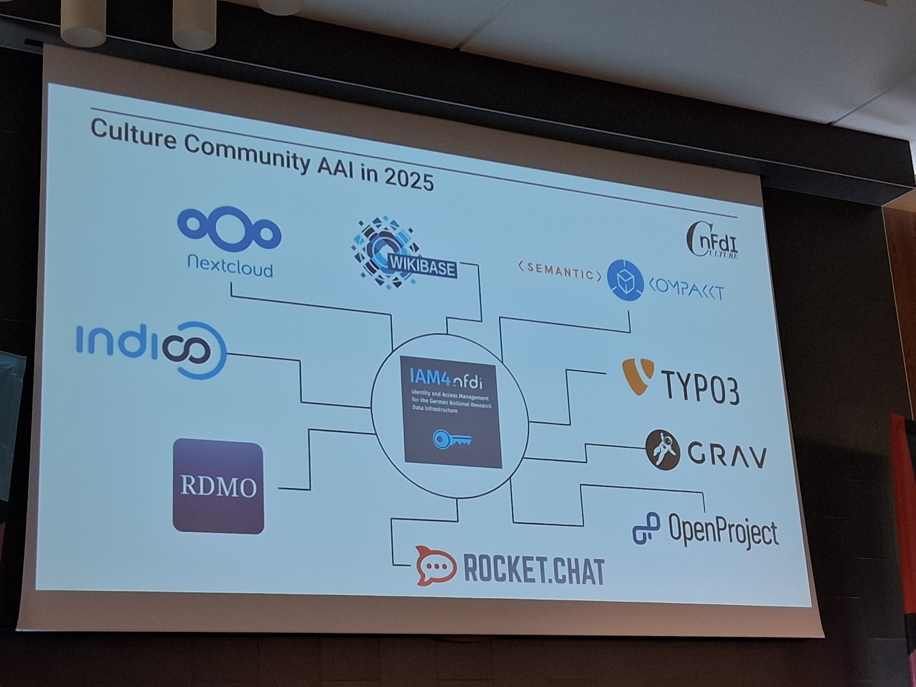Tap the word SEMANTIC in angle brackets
[560, 271]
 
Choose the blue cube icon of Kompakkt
[625, 280]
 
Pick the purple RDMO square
[218, 486]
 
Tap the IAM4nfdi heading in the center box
[445, 378]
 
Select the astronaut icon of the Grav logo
[663, 450]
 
